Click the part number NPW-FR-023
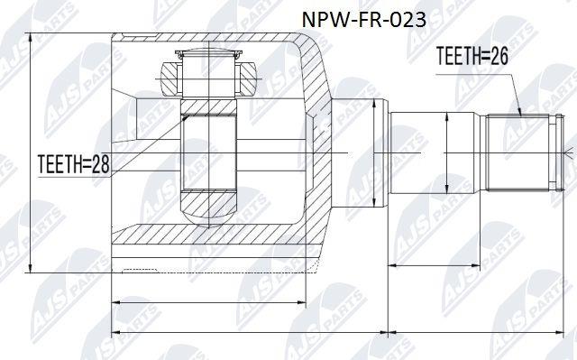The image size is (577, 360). coord(364,20)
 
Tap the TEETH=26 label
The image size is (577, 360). coord(472,56)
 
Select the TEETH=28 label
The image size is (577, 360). coord(74,164)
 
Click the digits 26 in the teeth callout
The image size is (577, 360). coord(499,56)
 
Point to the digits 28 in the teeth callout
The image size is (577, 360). coord(100,164)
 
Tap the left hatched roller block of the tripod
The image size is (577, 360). coord(170,79)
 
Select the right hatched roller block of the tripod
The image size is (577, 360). coord(248,79)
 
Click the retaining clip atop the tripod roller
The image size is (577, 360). coord(208,54)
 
